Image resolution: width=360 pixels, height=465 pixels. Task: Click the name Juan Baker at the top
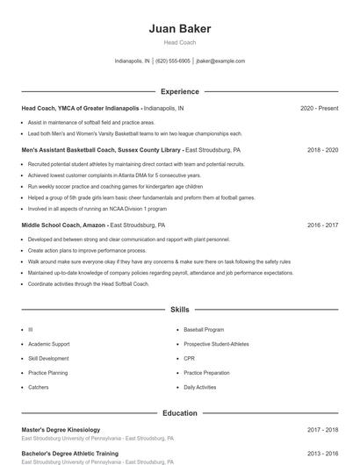pos(179,28)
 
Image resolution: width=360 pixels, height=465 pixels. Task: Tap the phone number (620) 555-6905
pos(174,61)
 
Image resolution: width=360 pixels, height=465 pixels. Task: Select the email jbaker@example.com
pos(220,61)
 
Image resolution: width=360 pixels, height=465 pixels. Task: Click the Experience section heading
pos(179,91)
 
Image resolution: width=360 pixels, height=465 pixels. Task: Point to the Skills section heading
pos(179,310)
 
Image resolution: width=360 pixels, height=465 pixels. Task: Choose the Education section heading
pos(179,412)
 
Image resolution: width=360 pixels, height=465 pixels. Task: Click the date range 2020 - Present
pos(319,108)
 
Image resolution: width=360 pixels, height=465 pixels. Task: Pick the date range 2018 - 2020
pos(322,150)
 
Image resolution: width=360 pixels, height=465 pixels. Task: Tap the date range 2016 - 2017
pos(322,225)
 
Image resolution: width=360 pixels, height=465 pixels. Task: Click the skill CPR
pos(189,358)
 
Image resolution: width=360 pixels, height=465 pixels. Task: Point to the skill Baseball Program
pos(204,330)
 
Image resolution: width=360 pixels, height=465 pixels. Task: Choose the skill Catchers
pos(39,387)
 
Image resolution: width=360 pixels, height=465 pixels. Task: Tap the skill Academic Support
pos(49,344)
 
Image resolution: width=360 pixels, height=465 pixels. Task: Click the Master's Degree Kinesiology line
pos(61,430)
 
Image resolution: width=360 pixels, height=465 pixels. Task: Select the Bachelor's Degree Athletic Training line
pos(69,454)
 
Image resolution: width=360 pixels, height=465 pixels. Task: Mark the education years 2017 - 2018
pos(322,430)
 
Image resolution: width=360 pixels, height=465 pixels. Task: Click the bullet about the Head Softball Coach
pos(88,283)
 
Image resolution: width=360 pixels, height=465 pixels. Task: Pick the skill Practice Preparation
pos(206,373)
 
